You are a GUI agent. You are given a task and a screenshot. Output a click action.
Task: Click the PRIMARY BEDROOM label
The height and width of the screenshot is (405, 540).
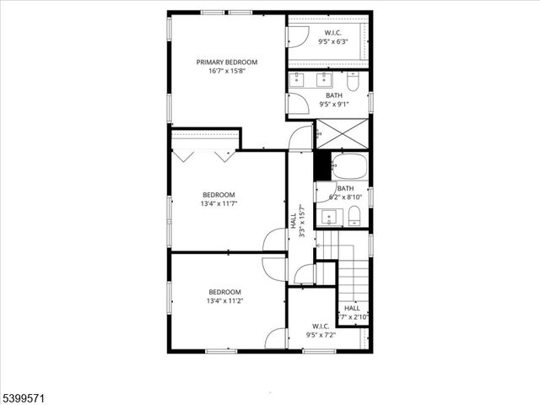[227, 62]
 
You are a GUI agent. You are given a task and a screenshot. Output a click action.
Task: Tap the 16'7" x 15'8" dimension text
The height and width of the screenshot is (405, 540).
[227, 71]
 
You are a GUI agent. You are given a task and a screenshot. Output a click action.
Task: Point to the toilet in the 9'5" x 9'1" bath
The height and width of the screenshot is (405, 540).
[353, 82]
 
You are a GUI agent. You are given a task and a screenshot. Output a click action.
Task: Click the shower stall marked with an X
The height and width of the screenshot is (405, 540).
[342, 134]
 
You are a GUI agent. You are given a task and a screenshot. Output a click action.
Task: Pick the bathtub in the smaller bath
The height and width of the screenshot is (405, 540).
[348, 165]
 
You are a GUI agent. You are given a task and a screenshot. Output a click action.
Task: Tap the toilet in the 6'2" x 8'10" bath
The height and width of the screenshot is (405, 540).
[355, 213]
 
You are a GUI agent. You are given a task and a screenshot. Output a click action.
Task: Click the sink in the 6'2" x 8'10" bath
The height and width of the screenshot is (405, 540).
[328, 217]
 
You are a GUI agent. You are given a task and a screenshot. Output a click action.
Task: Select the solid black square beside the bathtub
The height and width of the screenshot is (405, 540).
[322, 165]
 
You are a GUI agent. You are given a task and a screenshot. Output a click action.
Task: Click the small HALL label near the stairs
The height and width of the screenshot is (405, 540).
[352, 308]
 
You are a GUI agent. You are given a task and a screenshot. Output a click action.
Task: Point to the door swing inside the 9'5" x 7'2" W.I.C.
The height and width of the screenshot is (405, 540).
[276, 338]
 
